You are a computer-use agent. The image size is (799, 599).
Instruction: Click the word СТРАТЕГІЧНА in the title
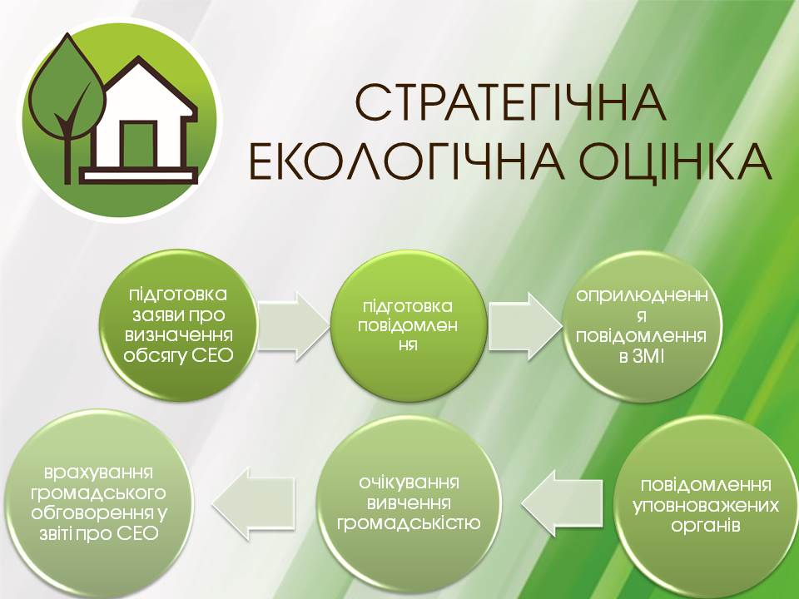[x=510, y=103]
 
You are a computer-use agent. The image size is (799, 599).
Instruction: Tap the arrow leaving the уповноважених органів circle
[x=562, y=502]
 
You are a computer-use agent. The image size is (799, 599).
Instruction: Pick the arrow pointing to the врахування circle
[x=253, y=502]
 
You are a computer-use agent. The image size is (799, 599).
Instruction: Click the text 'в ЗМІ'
[x=642, y=357]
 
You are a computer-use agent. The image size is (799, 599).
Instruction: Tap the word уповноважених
[x=707, y=507]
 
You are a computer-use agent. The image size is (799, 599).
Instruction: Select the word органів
[x=706, y=526]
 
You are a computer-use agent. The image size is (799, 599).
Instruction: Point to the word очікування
[x=409, y=483]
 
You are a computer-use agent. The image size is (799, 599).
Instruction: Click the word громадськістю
[x=409, y=523]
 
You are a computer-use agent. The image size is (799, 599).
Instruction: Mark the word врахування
[x=98, y=473]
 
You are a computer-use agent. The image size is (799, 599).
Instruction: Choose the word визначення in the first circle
[x=179, y=334]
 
